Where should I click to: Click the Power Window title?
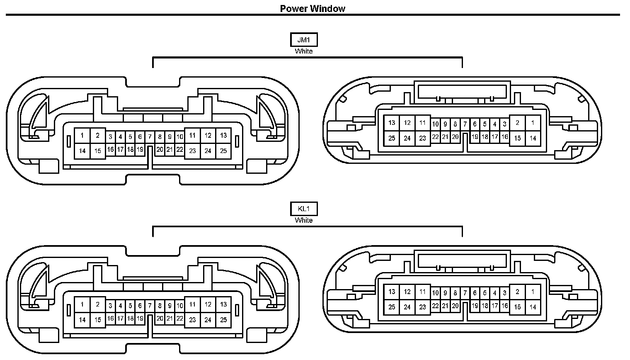coord(313,8)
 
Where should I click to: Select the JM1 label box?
coord(304,40)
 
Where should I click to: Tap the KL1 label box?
coord(304,209)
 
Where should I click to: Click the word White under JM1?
coord(304,51)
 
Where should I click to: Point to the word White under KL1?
coord(304,220)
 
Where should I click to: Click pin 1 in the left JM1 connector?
coord(82,135)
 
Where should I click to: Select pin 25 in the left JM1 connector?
coord(223,151)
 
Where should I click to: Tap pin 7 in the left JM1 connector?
coord(150,136)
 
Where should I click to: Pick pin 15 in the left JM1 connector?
coord(97,151)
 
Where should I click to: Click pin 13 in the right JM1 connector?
coord(392,123)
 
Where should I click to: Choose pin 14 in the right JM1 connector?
coord(533,138)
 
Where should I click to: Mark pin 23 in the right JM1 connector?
coord(422,138)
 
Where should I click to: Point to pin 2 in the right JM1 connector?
coord(517,123)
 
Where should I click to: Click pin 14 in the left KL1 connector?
coord(82,320)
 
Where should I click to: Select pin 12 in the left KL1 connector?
coord(208,304)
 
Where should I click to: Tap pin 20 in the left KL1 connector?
coord(160,319)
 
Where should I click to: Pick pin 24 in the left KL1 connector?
coord(208,320)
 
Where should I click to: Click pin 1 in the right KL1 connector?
coord(533,292)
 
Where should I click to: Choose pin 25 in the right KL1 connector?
coord(392,307)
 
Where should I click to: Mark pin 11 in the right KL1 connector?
coord(422,292)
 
